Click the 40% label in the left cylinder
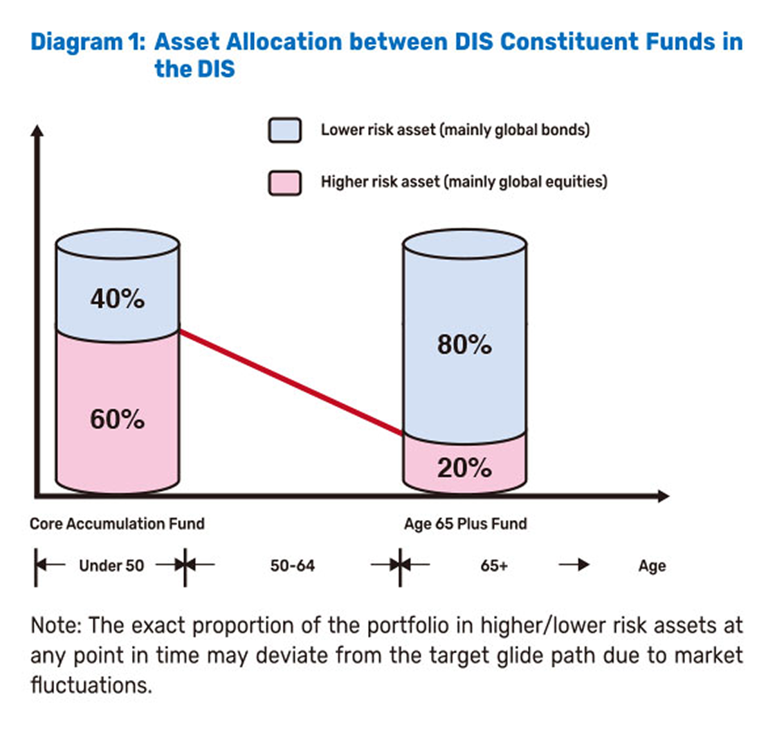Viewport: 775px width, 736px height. [x=117, y=300]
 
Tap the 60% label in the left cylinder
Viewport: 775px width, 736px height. [x=117, y=418]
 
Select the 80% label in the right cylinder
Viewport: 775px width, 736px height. [x=464, y=344]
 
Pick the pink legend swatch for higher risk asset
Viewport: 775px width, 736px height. [x=284, y=183]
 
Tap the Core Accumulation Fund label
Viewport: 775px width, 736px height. [x=117, y=524]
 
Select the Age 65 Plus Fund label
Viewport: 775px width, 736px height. [x=465, y=524]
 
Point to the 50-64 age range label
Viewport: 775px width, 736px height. [x=292, y=566]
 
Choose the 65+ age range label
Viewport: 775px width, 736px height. [x=494, y=566]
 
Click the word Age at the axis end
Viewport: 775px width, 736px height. [x=652, y=566]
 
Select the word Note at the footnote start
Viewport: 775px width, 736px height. [x=53, y=627]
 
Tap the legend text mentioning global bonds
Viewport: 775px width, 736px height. [x=455, y=130]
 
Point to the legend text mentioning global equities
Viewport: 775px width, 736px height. [x=464, y=183]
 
